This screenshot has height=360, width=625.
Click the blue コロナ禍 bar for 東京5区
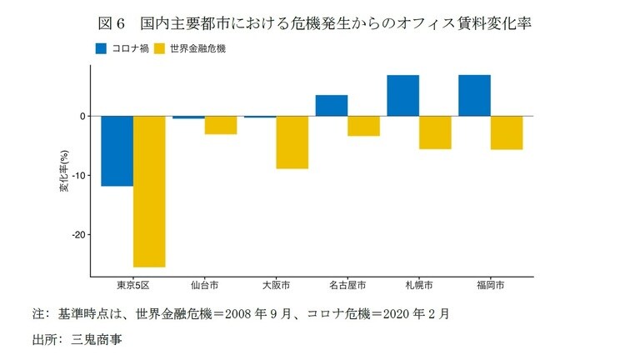(x=117, y=151)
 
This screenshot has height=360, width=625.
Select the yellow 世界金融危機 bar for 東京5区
(x=149, y=191)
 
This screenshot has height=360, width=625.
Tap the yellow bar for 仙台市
(x=221, y=125)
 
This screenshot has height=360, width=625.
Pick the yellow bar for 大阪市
(x=292, y=142)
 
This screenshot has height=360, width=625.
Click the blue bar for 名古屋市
(x=331, y=106)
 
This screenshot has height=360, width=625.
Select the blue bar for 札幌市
(x=402, y=96)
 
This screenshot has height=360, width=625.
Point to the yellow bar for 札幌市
(x=435, y=132)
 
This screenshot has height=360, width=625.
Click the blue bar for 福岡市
(x=474, y=96)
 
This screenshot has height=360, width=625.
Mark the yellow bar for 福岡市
(x=507, y=132)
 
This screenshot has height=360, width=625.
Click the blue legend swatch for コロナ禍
(x=100, y=48)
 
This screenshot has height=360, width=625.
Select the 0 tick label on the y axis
(x=82, y=117)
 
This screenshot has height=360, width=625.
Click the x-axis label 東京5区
(x=132, y=285)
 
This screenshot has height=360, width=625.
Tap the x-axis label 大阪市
(x=275, y=285)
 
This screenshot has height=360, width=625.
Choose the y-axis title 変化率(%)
(x=63, y=172)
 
